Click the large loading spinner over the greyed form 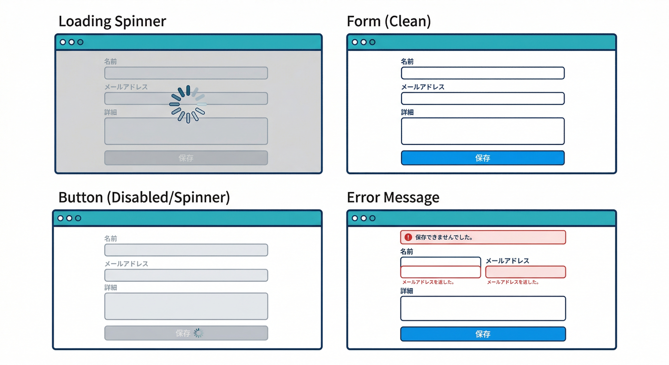click(188, 104)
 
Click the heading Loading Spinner click(112, 21)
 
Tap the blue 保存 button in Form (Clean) click(483, 158)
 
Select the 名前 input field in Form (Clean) click(483, 73)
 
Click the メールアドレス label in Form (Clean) click(423, 87)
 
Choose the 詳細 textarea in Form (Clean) click(483, 131)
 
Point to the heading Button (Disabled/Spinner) click(144, 198)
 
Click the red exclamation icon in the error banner click(408, 237)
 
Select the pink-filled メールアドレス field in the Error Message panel click(526, 272)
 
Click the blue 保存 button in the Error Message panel click(483, 334)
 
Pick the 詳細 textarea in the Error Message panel click(483, 308)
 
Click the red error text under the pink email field click(513, 282)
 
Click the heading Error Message click(393, 198)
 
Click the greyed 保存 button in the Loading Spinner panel click(186, 158)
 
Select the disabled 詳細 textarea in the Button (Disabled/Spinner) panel click(186, 306)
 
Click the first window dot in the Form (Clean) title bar click(355, 42)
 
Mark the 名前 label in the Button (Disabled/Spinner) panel click(111, 239)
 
